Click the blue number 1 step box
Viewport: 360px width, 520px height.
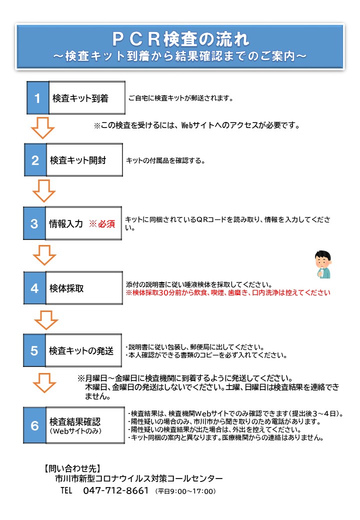point(38,98)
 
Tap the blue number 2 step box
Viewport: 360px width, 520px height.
point(35,160)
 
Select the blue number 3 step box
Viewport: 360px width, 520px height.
point(34,223)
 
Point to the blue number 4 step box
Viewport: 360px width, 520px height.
point(34,288)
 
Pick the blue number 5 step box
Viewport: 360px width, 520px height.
point(34,350)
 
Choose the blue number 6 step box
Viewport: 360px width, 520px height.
point(34,425)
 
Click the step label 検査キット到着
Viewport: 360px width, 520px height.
point(80,98)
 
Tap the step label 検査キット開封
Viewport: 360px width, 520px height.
point(78,160)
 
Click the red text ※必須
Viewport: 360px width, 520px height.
point(102,224)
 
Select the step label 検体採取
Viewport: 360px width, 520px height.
point(66,288)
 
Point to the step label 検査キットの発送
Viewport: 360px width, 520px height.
point(81,350)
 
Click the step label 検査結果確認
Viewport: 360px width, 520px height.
point(75,421)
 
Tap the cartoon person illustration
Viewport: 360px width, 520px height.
point(323,264)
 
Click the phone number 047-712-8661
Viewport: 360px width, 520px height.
point(115,490)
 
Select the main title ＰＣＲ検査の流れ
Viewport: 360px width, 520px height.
point(180,39)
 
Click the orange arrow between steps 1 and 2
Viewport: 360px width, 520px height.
point(42,127)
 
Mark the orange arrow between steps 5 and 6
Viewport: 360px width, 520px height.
point(44,382)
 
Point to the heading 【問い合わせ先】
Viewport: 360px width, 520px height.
point(72,468)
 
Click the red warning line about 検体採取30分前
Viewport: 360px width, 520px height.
point(228,292)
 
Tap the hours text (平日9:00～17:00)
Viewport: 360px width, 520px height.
point(185,491)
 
